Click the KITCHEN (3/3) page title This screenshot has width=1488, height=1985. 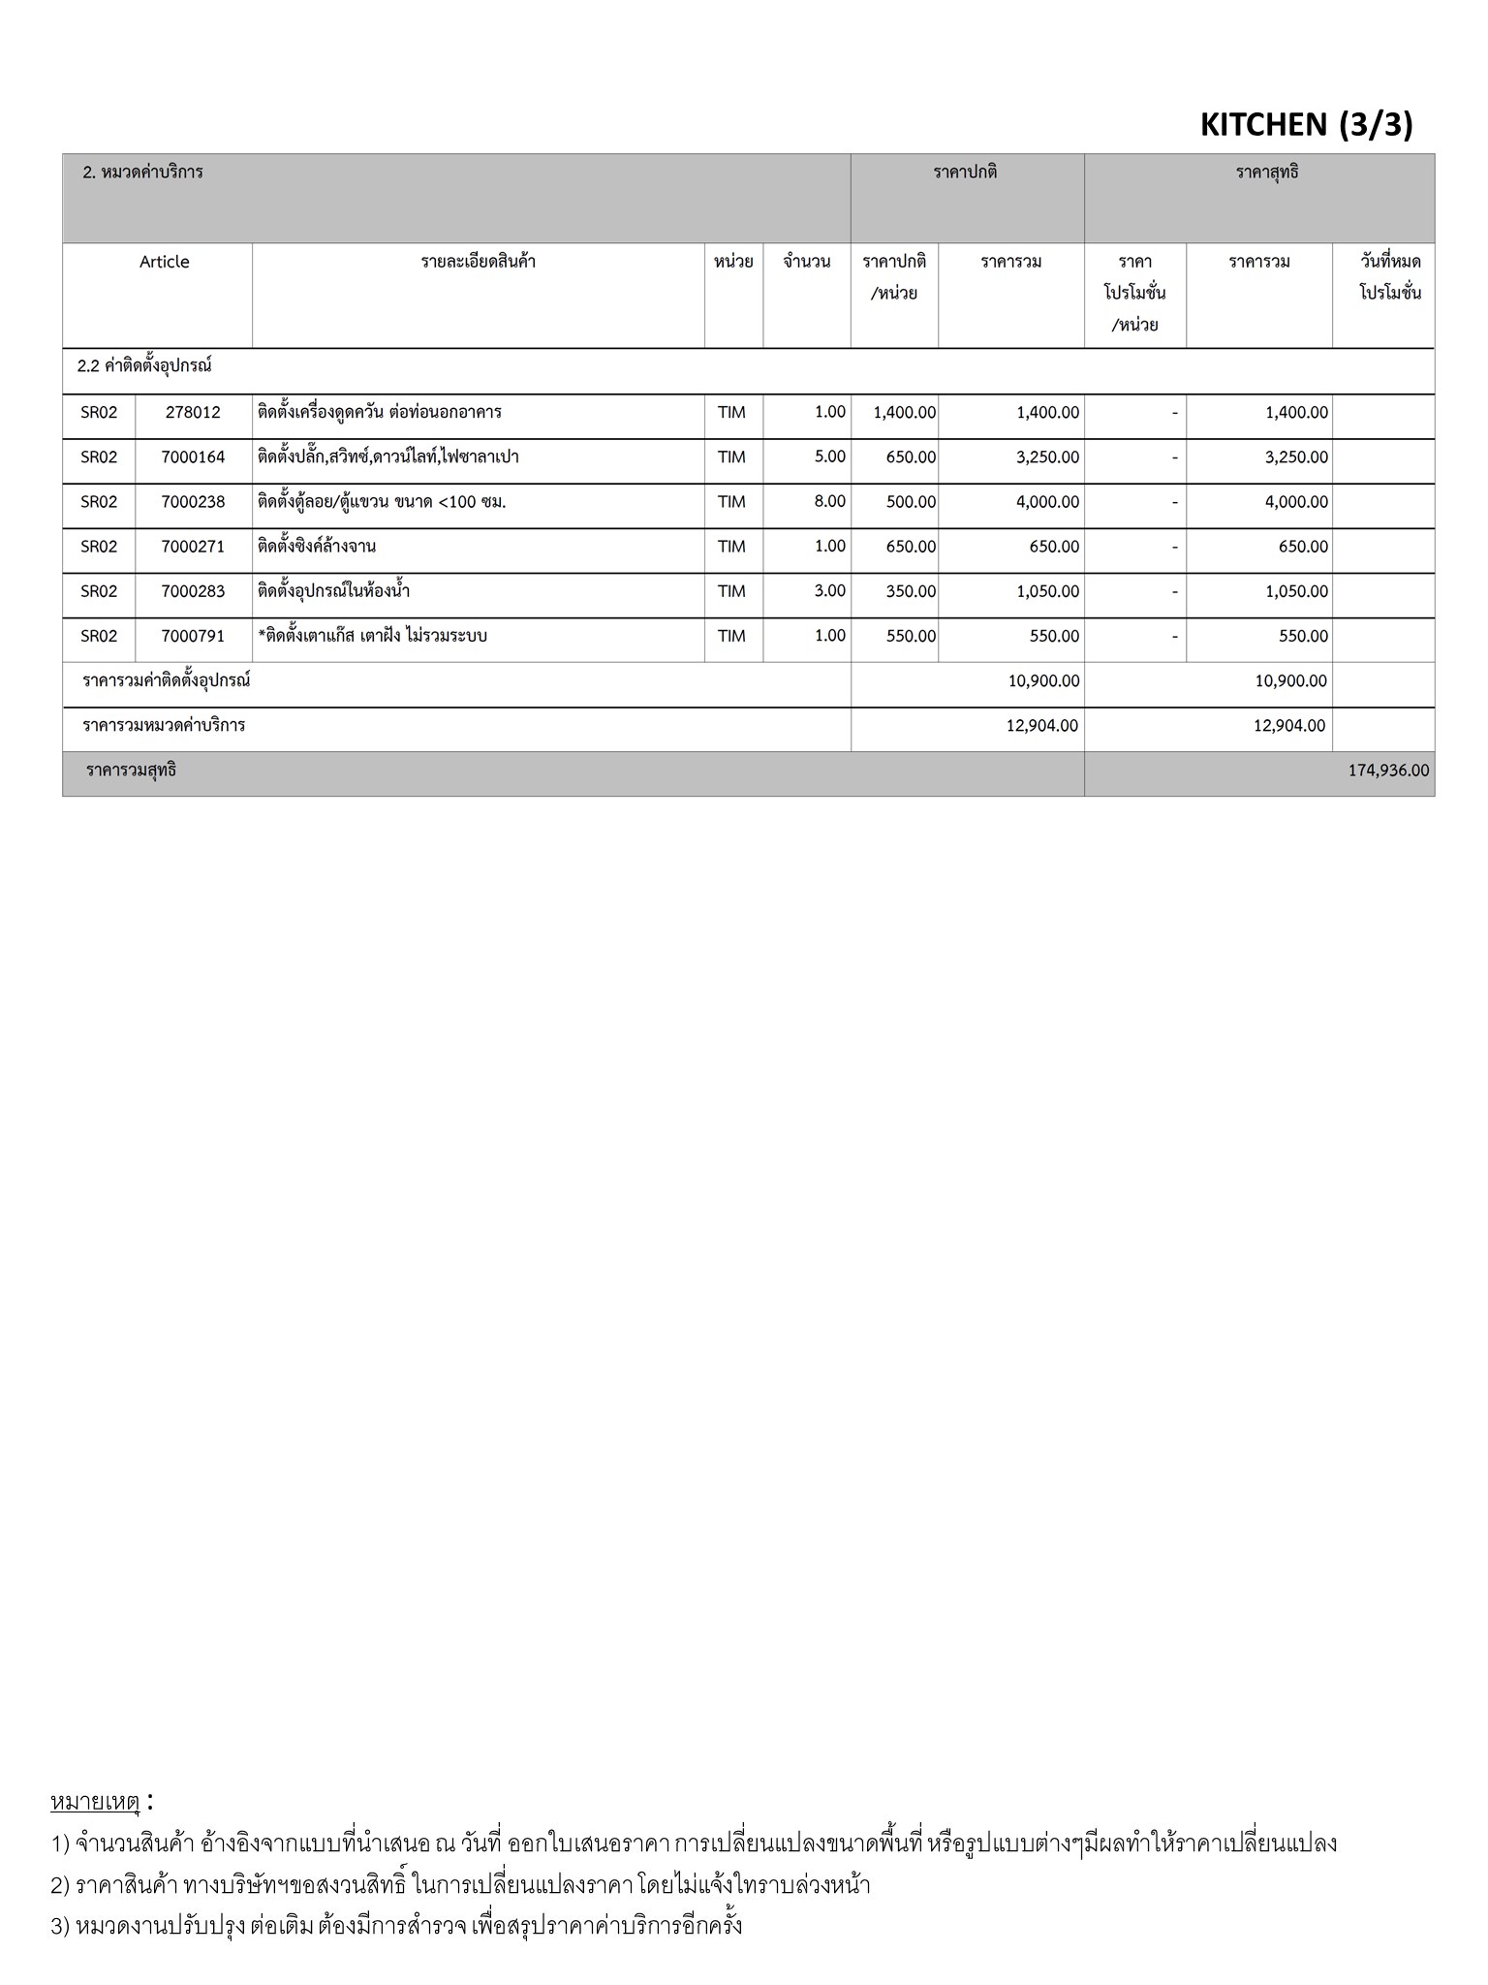pos(1306,124)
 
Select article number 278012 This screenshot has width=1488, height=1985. pos(193,412)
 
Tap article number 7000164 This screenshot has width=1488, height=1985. pos(193,457)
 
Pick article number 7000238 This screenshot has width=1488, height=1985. pos(193,501)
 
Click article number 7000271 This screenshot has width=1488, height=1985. pos(193,547)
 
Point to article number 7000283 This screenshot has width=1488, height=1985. pos(193,591)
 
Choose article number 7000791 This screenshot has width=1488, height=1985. pos(193,636)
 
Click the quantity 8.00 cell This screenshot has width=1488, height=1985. pos(829,501)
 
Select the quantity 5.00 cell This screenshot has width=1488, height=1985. pos(829,457)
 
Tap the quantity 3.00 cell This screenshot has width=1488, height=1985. pos(829,591)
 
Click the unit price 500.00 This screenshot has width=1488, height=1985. pos(911,502)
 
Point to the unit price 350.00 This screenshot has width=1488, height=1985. pos(911,591)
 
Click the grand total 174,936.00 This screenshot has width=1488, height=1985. pos(1387,771)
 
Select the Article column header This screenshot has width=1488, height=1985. pos(165,262)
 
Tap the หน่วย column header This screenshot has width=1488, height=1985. pos(733,262)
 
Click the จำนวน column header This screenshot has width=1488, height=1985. pos(806,262)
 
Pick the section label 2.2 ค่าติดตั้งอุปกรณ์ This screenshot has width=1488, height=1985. pos(144,366)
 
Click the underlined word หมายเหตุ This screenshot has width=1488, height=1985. pos(95,1802)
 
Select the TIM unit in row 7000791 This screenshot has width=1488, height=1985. pos(731,636)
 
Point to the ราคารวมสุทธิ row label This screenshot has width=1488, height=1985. pos(131,772)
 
